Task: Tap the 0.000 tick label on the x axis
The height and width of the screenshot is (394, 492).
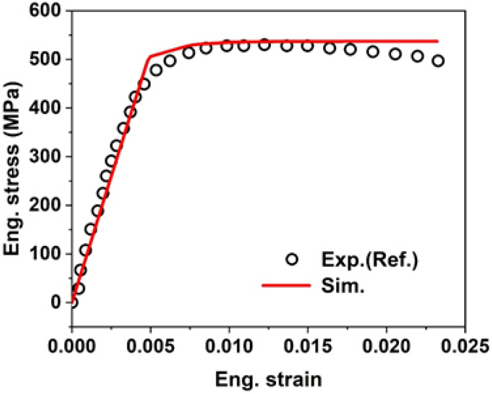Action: [x=72, y=346]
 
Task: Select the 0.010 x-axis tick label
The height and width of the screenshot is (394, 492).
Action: [x=230, y=346]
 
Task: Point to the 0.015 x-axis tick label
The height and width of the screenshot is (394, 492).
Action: [x=308, y=346]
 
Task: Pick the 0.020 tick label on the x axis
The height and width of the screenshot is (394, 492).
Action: [x=386, y=346]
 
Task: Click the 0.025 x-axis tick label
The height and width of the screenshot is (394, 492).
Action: [x=465, y=346]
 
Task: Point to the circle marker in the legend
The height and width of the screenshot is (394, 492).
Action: [x=292, y=260]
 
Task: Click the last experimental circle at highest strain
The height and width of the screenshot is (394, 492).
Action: [x=438, y=61]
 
